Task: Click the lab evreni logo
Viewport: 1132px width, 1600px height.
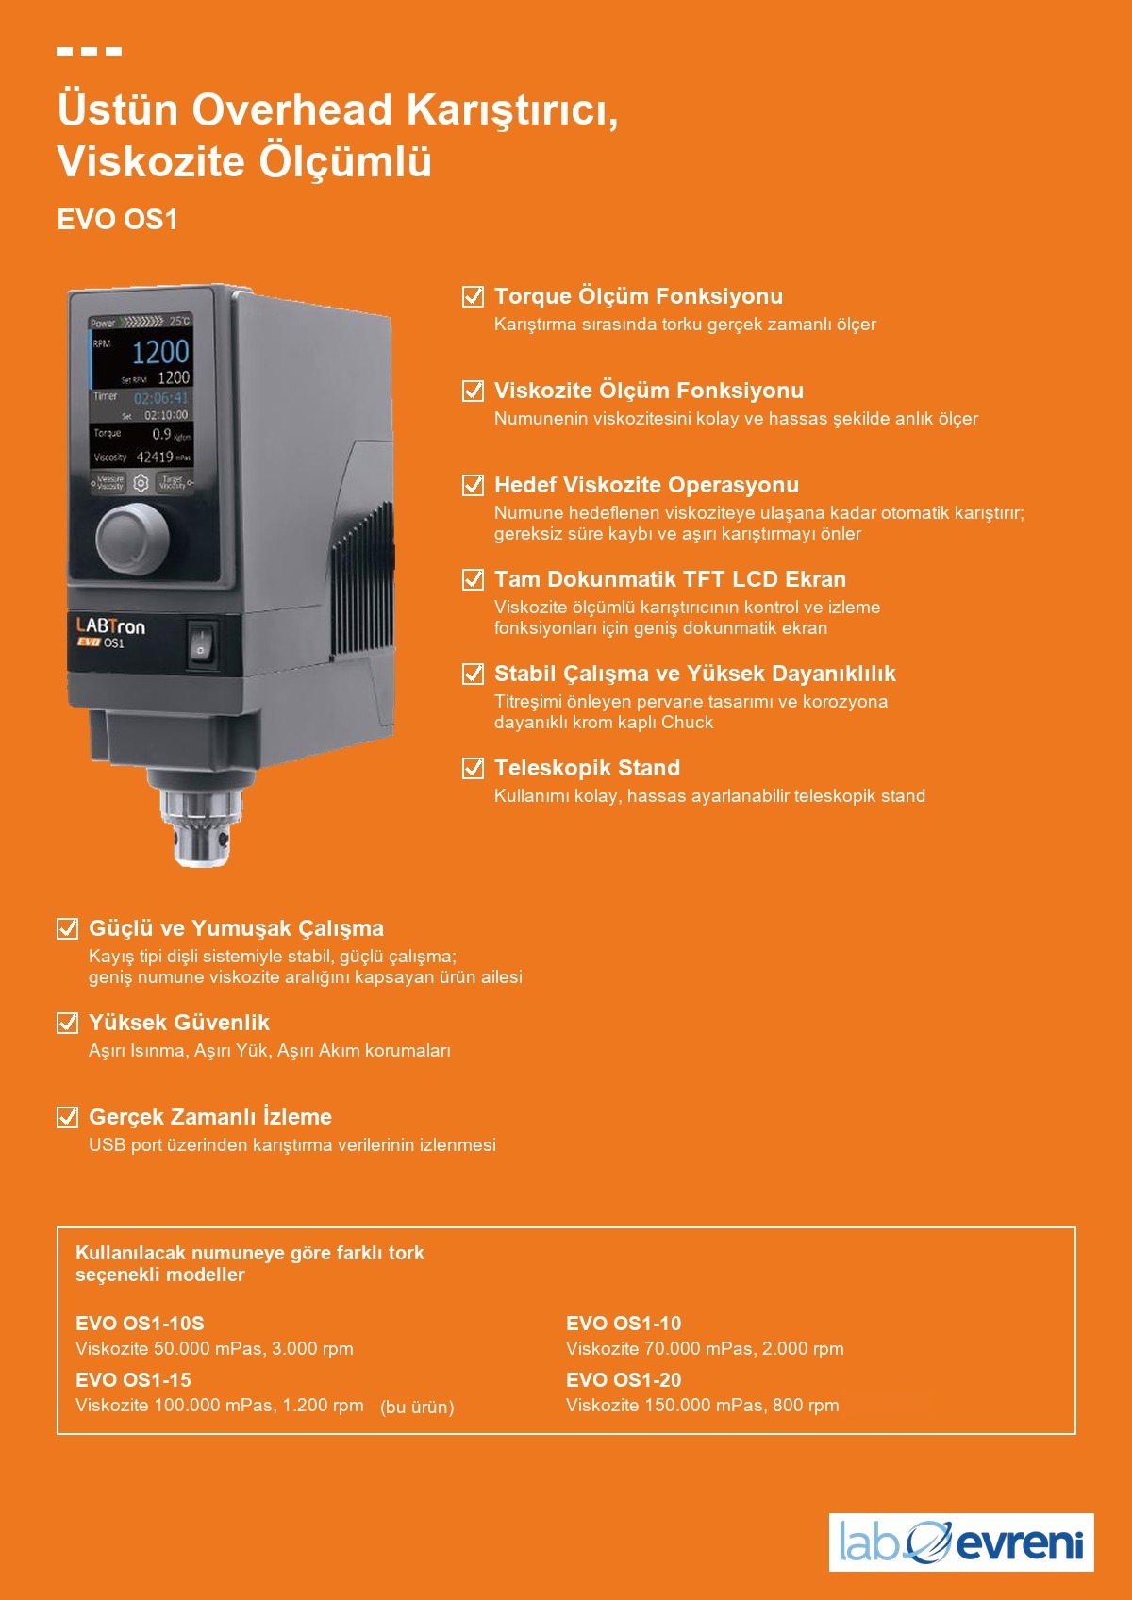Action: point(960,1542)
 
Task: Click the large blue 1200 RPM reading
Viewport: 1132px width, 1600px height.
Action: point(160,352)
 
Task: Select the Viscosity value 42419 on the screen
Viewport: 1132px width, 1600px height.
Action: point(155,458)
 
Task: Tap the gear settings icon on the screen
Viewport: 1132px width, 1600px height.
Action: point(141,484)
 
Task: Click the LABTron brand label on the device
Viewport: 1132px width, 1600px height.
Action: point(110,626)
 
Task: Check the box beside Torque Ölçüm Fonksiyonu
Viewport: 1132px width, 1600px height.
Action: point(473,295)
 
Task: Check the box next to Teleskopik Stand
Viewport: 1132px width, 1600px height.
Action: point(473,768)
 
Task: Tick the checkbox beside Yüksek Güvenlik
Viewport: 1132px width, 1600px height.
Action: point(67,1022)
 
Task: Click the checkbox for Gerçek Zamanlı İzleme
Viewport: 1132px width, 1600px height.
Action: point(67,1116)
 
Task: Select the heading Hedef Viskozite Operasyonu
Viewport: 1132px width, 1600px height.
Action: point(646,485)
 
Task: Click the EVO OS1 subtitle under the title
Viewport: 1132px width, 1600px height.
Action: point(117,219)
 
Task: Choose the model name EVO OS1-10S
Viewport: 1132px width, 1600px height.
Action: point(140,1323)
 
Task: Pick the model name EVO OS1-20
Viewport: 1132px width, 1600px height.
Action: point(624,1379)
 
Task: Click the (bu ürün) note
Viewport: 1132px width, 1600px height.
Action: point(417,1407)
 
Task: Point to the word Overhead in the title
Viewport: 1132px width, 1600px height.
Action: point(292,110)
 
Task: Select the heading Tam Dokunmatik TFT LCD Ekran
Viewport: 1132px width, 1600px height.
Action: point(670,579)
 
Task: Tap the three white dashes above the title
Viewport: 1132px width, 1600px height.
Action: point(90,51)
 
